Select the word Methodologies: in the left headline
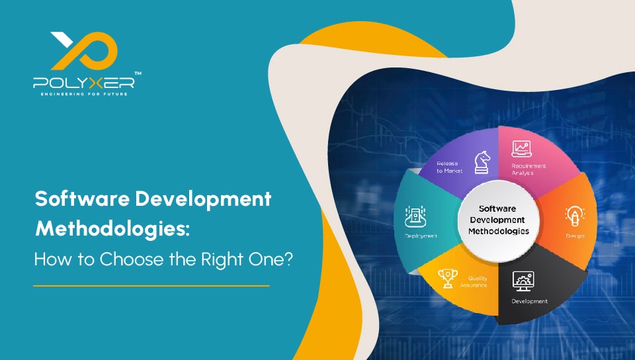(112, 230)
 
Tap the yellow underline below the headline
(151, 286)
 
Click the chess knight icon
(481, 162)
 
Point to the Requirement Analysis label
(529, 169)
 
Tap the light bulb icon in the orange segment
(572, 215)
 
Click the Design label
(574, 235)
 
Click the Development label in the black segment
(529, 301)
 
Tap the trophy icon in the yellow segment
(448, 277)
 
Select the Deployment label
(420, 236)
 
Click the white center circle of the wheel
(500, 222)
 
